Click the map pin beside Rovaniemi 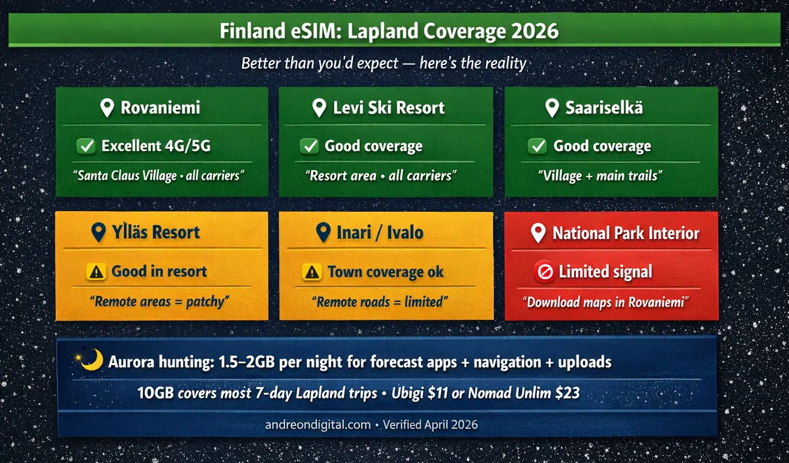pos(107,108)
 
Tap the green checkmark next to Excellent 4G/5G pos(86,146)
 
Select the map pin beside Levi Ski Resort pos(319,108)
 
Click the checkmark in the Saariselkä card pos(537,146)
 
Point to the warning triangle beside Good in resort pos(96,271)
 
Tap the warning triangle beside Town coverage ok pos(312,272)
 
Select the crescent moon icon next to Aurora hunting pos(90,361)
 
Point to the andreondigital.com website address pos(317,425)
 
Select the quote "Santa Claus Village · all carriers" pos(159,175)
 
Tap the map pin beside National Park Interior pos(538,233)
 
